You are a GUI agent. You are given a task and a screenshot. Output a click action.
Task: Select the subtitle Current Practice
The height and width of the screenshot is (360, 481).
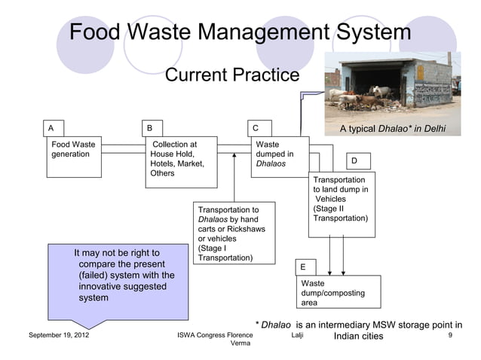point(231,75)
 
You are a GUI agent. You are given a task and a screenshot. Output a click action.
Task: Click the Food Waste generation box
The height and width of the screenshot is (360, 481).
point(75,156)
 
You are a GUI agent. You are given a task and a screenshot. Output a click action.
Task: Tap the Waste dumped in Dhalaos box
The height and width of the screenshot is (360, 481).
point(280,154)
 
